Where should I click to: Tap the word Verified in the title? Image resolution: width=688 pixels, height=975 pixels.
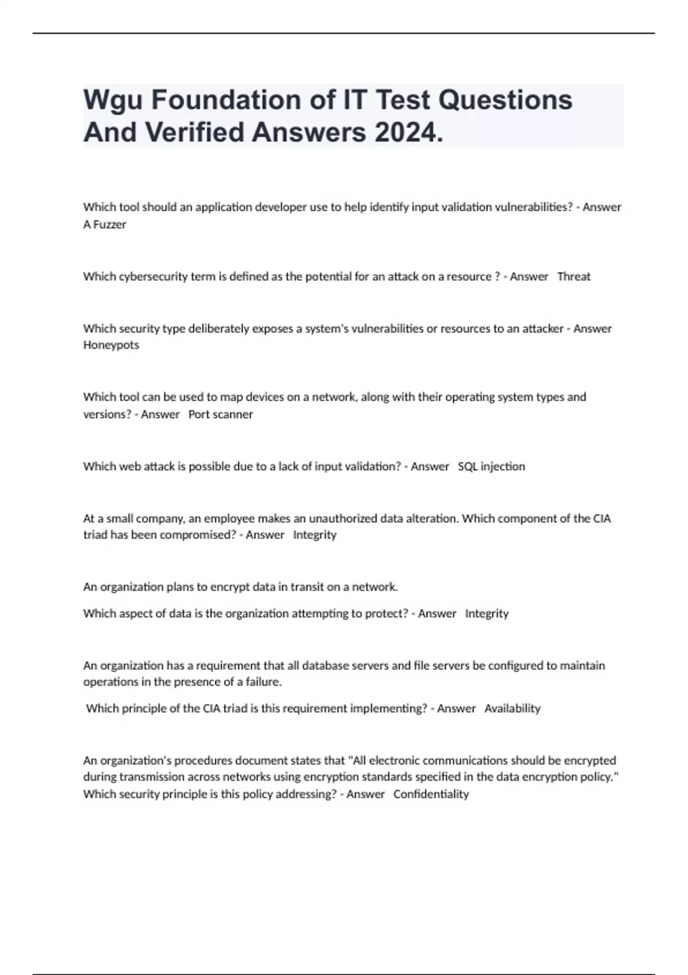tap(194, 132)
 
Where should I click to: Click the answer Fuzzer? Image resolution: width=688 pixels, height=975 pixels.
tap(110, 224)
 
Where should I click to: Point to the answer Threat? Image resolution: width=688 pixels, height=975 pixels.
tap(573, 276)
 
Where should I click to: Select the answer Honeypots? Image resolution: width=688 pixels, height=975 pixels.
tap(111, 345)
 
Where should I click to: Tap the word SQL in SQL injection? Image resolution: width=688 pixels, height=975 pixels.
tap(467, 466)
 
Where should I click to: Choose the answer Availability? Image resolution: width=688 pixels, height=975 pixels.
tap(512, 708)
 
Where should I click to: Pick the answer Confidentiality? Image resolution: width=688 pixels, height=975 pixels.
tap(431, 794)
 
